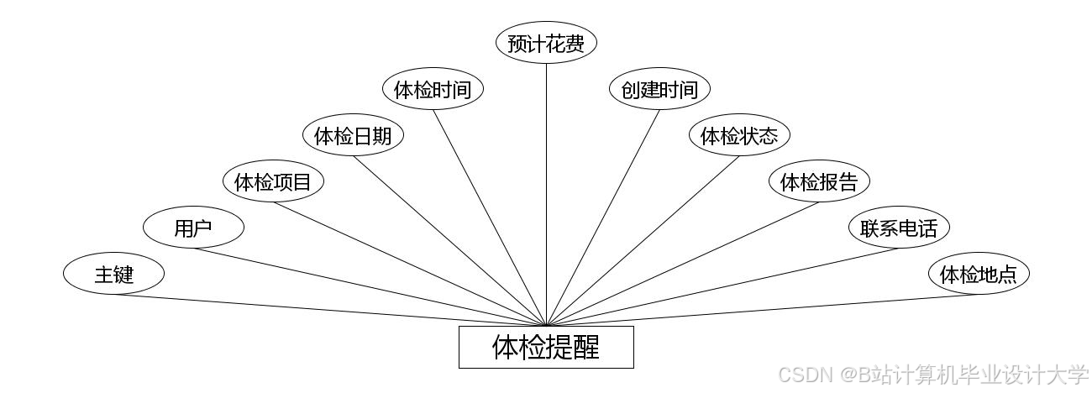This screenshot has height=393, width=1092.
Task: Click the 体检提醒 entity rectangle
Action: pyautogui.click(x=546, y=347)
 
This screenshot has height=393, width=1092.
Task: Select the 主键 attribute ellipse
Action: pyautogui.click(x=113, y=274)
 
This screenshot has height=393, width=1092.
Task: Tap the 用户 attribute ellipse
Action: pyautogui.click(x=193, y=228)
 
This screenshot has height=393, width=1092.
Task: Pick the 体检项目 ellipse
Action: pyautogui.click(x=273, y=181)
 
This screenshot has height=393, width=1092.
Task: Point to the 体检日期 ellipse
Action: pyautogui.click(x=353, y=136)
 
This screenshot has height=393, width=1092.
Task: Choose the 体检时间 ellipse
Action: pyautogui.click(x=433, y=90)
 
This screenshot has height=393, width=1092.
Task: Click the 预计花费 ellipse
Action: pyautogui.click(x=546, y=44)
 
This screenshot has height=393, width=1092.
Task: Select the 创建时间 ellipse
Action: pyautogui.click(x=659, y=90)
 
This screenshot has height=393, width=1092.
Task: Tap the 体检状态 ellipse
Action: pyautogui.click(x=739, y=136)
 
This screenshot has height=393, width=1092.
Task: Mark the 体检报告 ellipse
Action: pyautogui.click(x=819, y=181)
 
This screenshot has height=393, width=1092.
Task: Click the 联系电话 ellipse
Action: pyautogui.click(x=899, y=228)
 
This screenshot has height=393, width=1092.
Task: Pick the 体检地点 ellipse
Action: pyautogui.click(x=979, y=274)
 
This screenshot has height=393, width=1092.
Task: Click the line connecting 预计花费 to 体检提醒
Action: pyautogui.click(x=546, y=193)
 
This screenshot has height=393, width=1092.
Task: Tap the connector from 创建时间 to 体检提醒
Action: pyautogui.click(x=603, y=217)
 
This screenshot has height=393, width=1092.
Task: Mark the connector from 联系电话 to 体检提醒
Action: pyautogui.click(x=722, y=286)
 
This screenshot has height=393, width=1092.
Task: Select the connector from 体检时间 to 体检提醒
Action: pyautogui.click(x=489, y=217)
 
